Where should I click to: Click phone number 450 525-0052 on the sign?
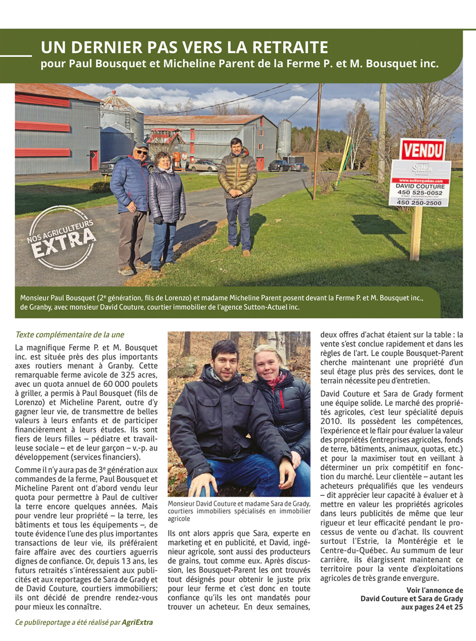420,193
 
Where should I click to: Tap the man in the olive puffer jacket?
238,190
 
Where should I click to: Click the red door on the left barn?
94,160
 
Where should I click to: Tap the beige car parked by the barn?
204,166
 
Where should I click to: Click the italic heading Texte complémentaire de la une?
69,335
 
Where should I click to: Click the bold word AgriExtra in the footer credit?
137,622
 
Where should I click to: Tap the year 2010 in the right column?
331,421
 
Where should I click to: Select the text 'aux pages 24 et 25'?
431,607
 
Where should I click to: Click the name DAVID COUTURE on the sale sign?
420,186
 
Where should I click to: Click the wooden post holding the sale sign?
416,233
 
